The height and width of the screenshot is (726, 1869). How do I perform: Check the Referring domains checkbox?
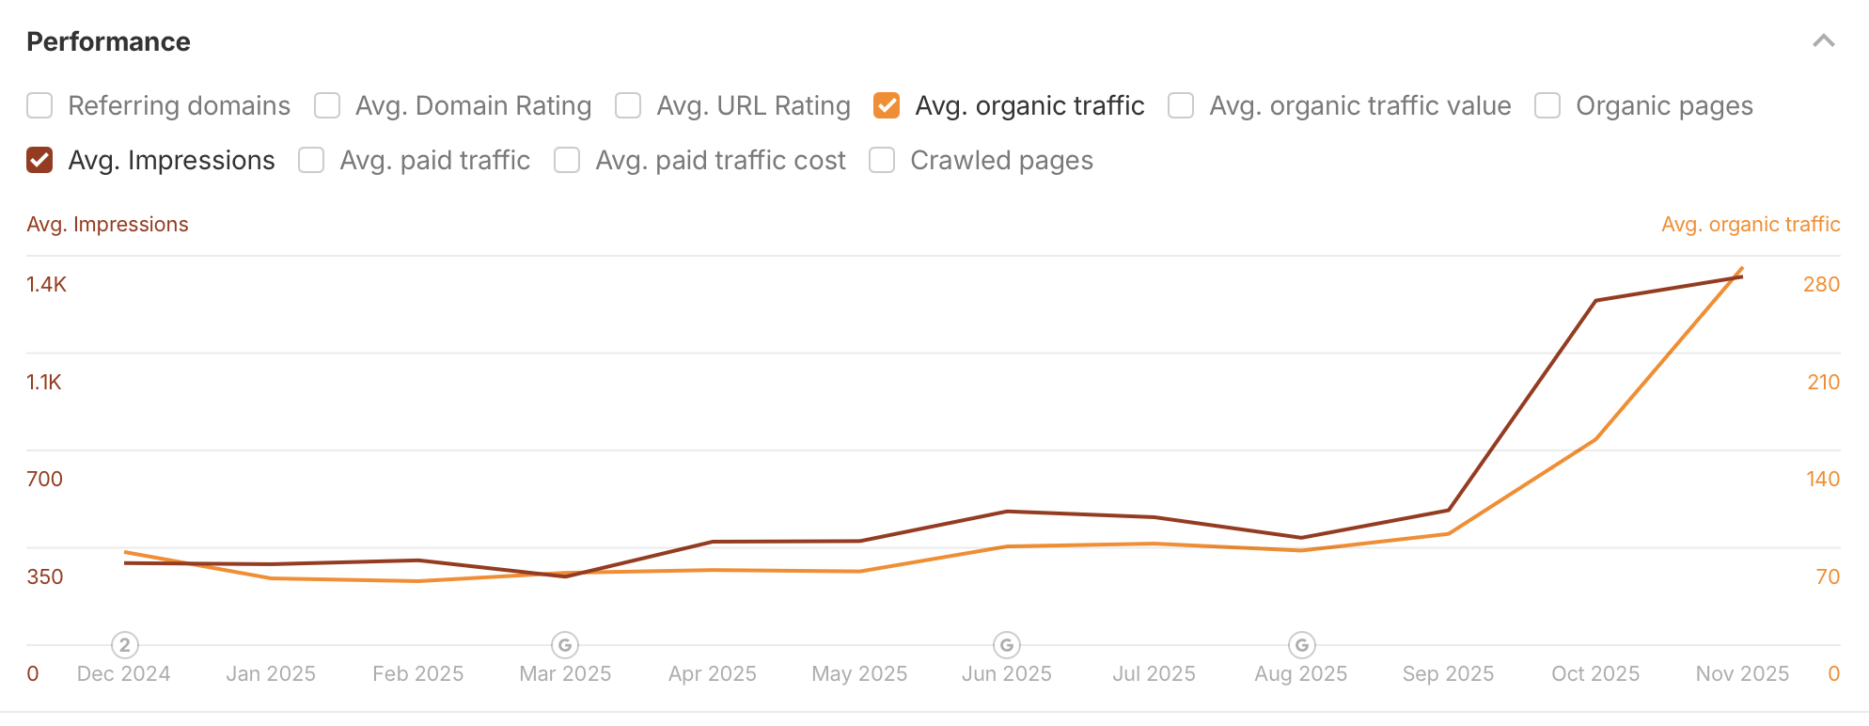pos(39,105)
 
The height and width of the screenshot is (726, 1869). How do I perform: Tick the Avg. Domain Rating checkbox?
pos(327,105)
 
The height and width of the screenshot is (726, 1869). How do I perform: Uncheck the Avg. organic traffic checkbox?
pos(887,105)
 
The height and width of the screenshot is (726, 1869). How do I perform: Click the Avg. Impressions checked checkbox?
pos(39,160)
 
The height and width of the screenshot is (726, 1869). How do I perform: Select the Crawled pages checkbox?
pos(882,160)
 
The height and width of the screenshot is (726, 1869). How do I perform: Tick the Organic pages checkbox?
pos(1547,105)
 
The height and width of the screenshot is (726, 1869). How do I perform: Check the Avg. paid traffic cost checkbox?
pos(567,160)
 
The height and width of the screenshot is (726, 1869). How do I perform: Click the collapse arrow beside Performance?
pos(1824,41)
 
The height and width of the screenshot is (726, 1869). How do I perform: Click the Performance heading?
pos(108,41)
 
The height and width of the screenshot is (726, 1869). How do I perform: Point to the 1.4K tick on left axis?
pos(47,284)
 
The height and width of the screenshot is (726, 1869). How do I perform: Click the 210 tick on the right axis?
pos(1823,382)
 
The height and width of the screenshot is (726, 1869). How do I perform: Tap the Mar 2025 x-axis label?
pos(565,673)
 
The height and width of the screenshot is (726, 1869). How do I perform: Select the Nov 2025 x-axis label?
pos(1742,673)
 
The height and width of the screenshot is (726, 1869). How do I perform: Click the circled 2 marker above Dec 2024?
pos(125,645)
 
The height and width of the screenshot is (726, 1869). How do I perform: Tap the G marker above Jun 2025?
pos(1007,645)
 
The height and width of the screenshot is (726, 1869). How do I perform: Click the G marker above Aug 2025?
pos(1302,645)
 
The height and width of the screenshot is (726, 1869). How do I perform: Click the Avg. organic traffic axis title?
pos(1751,224)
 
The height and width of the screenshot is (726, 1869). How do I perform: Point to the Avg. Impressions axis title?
pos(107,224)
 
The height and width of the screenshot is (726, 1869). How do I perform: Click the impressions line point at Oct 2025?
pos(1595,301)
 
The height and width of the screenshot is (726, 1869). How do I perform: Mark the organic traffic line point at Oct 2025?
pos(1595,439)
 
